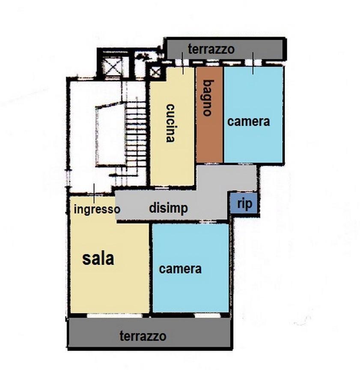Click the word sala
[98, 258]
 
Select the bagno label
[208, 98]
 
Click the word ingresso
[97, 210]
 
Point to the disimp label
[168, 208]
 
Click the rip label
[244, 204]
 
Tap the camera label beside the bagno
[248, 121]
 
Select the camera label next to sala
[180, 269]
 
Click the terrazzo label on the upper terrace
[211, 49]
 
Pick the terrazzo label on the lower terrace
[143, 336]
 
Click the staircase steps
[136, 137]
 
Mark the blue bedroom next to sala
[190, 291]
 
